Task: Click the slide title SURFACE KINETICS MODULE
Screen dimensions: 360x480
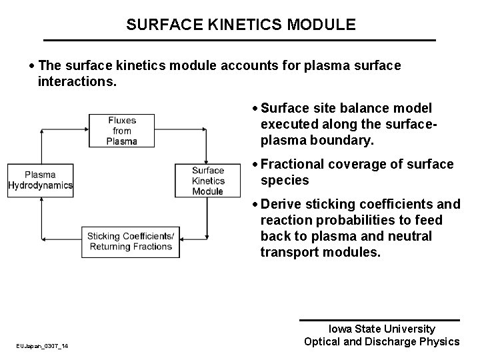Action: pos(241,25)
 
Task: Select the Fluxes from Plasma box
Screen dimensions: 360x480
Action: pos(121,131)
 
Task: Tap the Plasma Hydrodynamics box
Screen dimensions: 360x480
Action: pos(40,180)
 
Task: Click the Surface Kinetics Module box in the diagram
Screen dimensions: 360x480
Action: pos(207,180)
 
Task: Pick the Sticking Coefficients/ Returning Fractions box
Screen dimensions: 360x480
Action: pos(131,242)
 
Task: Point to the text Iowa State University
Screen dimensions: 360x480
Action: pos(382,329)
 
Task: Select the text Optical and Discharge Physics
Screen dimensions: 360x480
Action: pos(382,342)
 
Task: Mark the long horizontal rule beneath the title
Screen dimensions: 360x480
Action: pos(239,41)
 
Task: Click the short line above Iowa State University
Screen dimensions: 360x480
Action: pos(379,320)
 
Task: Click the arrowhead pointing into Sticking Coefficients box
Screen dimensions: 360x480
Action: pos(184,242)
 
